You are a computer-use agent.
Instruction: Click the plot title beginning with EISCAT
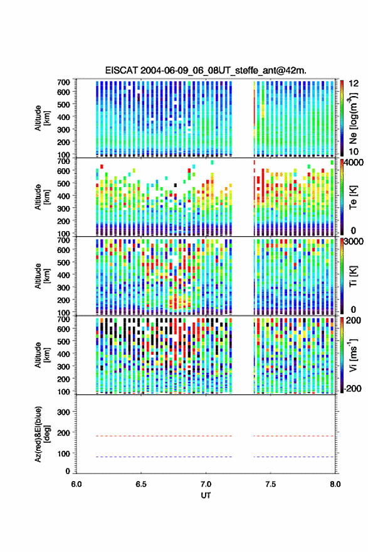point(206,70)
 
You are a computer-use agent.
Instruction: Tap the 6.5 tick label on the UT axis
point(141,484)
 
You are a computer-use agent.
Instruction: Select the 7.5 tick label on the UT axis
point(270,484)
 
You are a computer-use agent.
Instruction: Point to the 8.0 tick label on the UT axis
point(335,484)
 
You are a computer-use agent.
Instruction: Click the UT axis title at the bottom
point(206,495)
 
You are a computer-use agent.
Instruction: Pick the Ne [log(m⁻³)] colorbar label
point(353,118)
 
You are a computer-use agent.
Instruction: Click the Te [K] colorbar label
point(353,197)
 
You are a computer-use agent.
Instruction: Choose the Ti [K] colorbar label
point(353,276)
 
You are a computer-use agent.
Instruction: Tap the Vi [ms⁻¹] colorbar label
point(353,355)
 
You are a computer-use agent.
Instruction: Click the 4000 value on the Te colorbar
point(354,163)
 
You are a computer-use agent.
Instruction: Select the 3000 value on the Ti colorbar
point(354,242)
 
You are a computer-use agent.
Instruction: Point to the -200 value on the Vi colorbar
point(352,389)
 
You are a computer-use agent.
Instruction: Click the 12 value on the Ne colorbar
point(354,84)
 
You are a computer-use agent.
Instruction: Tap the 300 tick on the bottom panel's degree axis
point(63,412)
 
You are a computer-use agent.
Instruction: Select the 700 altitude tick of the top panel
point(63,82)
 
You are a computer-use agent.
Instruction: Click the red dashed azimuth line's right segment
point(293,436)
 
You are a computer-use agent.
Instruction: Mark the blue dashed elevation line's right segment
point(293,457)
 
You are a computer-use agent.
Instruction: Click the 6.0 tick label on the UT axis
point(76,484)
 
